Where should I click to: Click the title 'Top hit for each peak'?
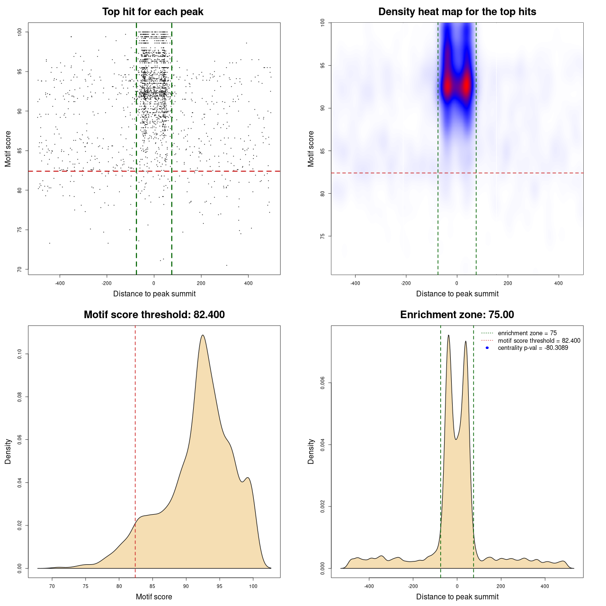pos(152,12)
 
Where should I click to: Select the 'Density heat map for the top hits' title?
pos(457,12)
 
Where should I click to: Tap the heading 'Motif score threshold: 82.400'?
pos(154,315)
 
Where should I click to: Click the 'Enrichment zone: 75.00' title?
pos(457,315)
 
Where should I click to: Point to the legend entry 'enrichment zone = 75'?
pos(527,333)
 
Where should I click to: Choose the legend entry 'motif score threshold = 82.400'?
pos(539,340)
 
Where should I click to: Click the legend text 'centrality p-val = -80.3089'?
pos(533,348)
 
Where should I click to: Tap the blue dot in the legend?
pos(487,348)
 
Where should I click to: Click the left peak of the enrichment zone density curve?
pos(448,336)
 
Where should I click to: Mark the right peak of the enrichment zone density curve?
pos(466,341)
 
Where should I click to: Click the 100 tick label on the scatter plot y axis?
pos(19,32)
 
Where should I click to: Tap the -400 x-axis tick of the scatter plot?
pos(60,283)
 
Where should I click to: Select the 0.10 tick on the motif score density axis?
pos(19,354)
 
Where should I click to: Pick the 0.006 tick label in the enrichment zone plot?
pos(322,383)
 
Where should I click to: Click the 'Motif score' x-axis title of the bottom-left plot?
pos(154,597)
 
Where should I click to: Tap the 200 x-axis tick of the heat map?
pos(508,283)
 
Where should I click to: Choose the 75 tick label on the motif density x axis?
pos(86,586)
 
